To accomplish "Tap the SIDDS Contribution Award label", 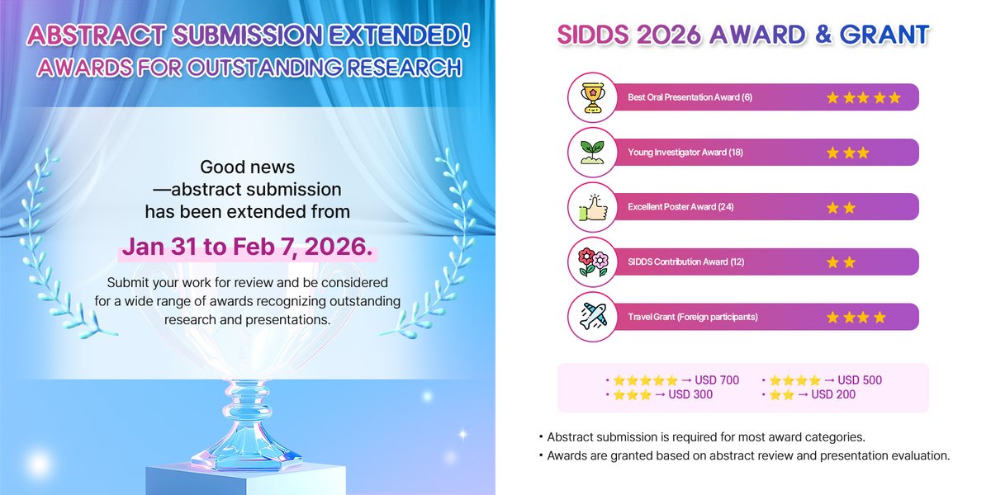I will pos(685,262).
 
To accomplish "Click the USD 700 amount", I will pos(717,380).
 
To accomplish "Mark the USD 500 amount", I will pos(860,380).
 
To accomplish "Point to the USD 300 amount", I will pos(690,394).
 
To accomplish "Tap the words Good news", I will pos(248,167).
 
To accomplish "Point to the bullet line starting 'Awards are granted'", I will pos(748,455).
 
